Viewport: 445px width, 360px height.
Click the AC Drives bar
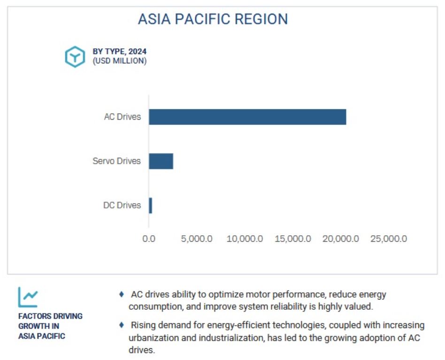(x=247, y=117)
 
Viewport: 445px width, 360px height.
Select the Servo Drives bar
(x=161, y=161)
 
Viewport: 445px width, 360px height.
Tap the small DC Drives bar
(x=150, y=206)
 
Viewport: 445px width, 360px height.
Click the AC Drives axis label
(x=123, y=116)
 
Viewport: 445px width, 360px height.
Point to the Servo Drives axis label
(x=116, y=161)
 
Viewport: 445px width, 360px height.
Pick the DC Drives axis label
(x=122, y=205)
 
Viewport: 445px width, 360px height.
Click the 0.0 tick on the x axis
(x=149, y=239)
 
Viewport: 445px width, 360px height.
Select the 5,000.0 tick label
(x=197, y=239)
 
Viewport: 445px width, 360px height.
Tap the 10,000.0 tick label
(x=245, y=239)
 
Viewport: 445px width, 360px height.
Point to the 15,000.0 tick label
(x=293, y=239)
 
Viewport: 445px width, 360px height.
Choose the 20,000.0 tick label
(x=341, y=239)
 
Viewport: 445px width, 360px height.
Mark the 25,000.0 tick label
(x=389, y=239)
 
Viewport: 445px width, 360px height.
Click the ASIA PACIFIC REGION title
(x=213, y=19)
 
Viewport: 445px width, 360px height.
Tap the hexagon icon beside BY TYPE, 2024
(x=75, y=57)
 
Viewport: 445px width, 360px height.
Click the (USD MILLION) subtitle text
(x=120, y=61)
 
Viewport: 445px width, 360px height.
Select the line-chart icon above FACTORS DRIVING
(x=28, y=297)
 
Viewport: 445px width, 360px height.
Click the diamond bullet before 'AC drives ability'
(x=122, y=294)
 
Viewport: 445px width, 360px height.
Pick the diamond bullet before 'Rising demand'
(x=122, y=325)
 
